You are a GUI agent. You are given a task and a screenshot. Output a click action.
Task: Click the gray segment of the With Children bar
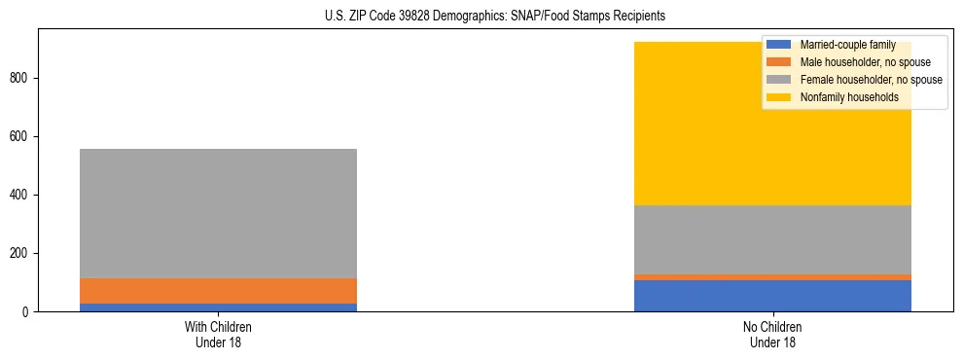[218, 213]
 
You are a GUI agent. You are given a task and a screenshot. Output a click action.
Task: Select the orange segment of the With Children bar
[218, 291]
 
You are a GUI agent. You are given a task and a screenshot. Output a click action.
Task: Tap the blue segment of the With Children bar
[218, 307]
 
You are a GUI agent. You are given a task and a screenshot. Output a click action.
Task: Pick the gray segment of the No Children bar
[772, 239]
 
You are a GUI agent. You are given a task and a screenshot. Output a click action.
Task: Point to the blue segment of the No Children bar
[772, 296]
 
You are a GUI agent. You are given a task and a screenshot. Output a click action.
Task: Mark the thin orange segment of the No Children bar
[772, 277]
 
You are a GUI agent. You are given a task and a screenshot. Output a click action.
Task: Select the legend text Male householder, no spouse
[865, 62]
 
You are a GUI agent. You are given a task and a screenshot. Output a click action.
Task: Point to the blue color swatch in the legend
[779, 45]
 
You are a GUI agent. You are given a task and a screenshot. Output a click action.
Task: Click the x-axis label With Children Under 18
[218, 334]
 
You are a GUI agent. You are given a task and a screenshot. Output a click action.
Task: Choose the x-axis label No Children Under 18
[772, 334]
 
